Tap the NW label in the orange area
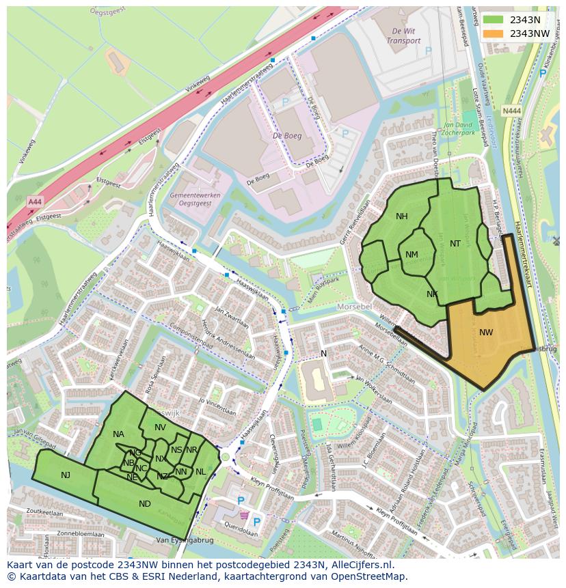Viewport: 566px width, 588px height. click(486, 333)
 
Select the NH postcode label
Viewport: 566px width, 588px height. click(401, 216)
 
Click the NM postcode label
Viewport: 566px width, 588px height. click(412, 255)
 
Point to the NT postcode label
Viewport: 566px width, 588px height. click(455, 244)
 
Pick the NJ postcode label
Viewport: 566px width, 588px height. click(66, 475)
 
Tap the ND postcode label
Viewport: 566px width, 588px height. click(144, 504)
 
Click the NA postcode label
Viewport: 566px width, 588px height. click(118, 434)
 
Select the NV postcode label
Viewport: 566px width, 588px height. click(160, 428)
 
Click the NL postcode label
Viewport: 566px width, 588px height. click(200, 472)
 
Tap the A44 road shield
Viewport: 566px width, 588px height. click(34, 201)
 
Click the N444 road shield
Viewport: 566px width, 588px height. click(510, 110)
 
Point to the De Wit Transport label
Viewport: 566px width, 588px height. click(403, 36)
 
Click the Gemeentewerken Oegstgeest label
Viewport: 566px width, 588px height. click(191, 199)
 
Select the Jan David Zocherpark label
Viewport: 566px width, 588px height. click(459, 128)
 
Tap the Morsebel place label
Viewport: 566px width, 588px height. click(354, 307)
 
